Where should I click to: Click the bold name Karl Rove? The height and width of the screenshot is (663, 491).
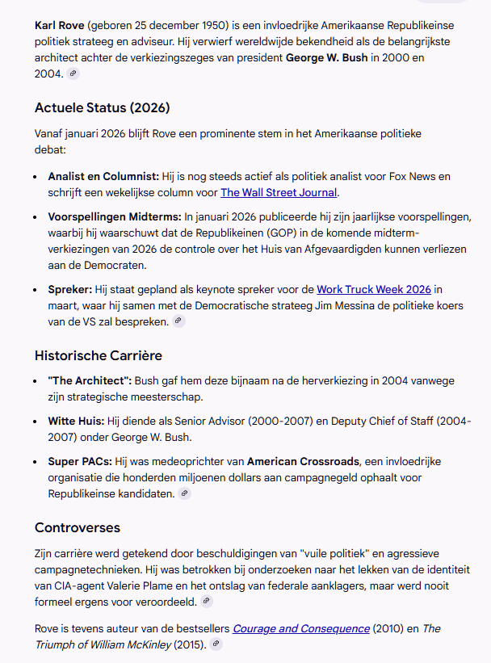tap(60, 25)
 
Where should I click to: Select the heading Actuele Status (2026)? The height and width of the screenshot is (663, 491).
tap(102, 107)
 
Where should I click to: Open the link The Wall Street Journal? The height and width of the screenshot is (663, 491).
tap(279, 192)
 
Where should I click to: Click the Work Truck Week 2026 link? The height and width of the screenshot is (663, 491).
tap(374, 289)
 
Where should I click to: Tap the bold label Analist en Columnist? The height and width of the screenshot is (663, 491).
tap(103, 176)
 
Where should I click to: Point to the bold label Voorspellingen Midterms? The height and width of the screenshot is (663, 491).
tap(115, 216)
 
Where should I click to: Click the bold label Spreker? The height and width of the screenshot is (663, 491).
tap(70, 289)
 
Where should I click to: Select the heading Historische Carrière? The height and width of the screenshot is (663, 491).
tap(99, 355)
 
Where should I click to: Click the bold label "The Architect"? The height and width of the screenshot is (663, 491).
tap(89, 381)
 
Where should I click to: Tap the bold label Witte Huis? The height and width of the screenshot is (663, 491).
tap(76, 421)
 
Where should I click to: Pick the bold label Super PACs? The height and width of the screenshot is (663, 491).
tap(80, 461)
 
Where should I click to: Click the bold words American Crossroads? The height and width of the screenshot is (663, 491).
tap(303, 461)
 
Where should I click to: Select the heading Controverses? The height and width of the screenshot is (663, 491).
tap(78, 527)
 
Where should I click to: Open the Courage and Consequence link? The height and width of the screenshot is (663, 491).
tap(301, 628)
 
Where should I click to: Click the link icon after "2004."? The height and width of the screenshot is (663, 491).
tap(73, 73)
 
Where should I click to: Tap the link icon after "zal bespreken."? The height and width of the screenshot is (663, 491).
tap(178, 321)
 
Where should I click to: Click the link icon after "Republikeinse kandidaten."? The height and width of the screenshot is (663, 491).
tap(184, 493)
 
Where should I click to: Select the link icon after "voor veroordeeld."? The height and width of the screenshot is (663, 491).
tap(207, 601)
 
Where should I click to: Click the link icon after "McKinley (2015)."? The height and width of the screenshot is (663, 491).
tap(216, 644)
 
